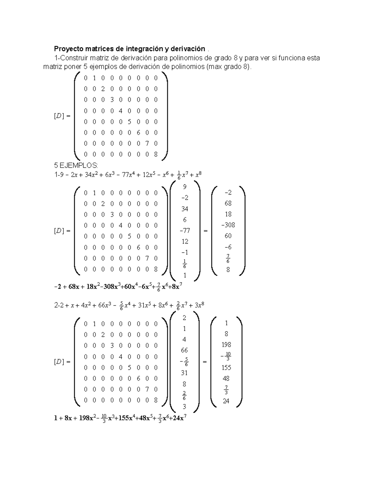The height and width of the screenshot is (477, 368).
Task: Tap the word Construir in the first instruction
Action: coord(73,58)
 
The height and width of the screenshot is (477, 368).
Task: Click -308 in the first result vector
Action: coord(228,225)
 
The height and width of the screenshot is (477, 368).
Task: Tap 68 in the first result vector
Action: coord(228,203)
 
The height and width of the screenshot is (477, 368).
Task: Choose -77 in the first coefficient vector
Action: coord(185,231)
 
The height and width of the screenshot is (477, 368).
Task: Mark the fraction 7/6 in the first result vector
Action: coord(228,259)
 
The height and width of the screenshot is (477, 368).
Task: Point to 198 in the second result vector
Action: coord(226,345)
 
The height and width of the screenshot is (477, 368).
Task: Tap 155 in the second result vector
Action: coord(226,368)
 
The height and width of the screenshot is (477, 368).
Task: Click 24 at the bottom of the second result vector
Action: coord(226,401)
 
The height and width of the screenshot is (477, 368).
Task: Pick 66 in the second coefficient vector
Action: coord(184,350)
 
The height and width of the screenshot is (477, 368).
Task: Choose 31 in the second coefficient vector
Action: coord(184,373)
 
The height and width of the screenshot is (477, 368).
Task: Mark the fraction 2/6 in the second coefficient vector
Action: coord(184,396)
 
